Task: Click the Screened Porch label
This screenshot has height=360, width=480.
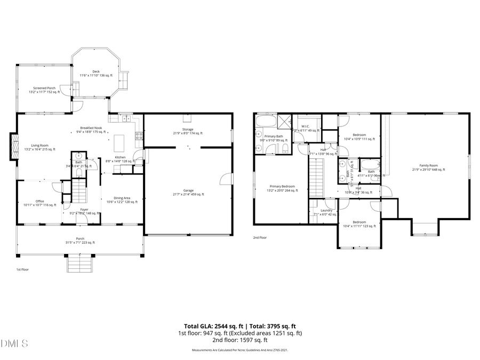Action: tap(44, 88)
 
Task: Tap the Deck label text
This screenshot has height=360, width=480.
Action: tap(96, 71)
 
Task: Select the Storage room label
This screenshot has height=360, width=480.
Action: tap(187, 129)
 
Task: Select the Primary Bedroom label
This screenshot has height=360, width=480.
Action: tap(282, 186)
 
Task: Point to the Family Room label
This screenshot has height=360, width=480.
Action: tap(428, 165)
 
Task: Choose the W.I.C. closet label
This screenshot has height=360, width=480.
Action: tap(306, 126)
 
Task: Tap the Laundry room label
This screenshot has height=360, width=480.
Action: tap(326, 210)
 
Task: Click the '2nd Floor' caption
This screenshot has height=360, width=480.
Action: tap(260, 237)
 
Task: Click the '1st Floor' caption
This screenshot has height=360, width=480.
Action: tap(22, 269)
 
